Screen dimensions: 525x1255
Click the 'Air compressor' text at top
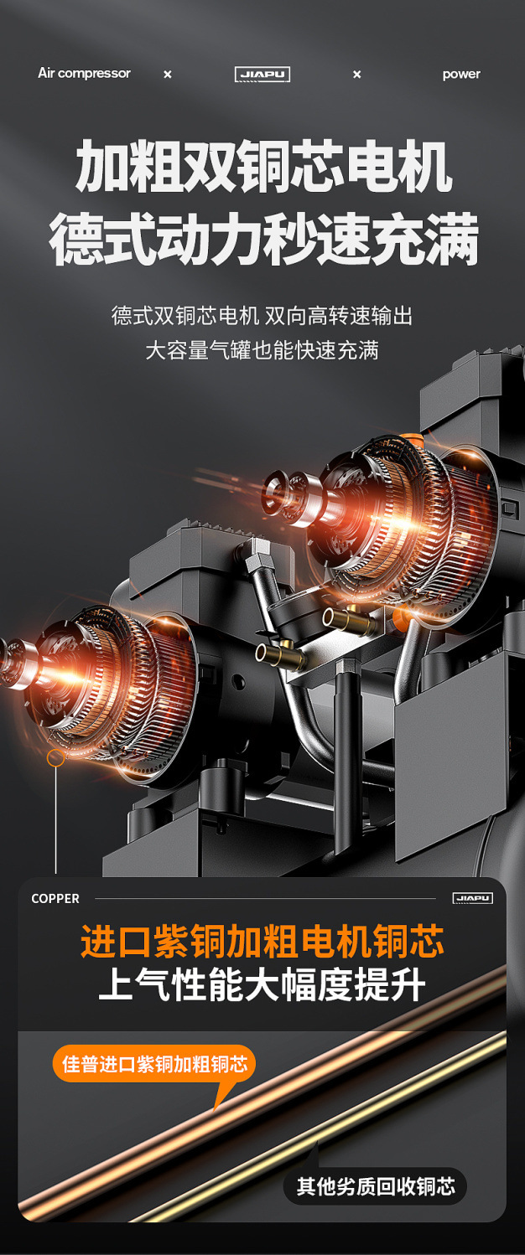point(84,74)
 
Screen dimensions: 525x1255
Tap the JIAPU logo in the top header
point(262,74)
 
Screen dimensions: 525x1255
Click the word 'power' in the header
point(461,74)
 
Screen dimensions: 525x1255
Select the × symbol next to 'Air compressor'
point(167,75)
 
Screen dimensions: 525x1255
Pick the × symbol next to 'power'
point(356,75)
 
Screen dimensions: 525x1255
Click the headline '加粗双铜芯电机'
point(263,167)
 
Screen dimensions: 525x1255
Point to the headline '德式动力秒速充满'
point(263,240)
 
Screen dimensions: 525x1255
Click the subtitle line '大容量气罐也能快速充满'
point(262,350)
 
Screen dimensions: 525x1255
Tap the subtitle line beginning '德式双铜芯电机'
point(262,316)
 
